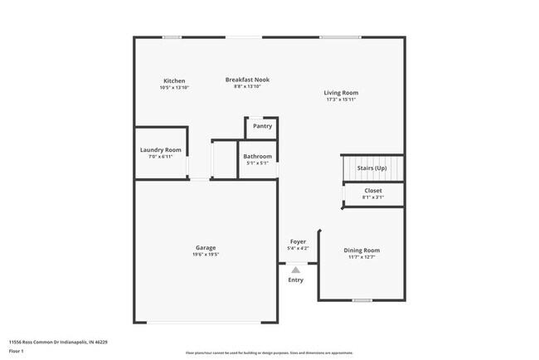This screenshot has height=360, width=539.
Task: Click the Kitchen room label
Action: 174,80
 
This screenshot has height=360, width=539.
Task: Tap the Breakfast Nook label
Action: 247,80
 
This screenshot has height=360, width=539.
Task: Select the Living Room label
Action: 341,92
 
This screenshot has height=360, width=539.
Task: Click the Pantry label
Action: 262,127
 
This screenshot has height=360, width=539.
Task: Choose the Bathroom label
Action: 257,156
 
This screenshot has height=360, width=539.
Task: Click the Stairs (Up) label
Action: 371,168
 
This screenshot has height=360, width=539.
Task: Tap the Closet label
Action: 373,191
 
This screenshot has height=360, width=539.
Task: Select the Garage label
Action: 206,247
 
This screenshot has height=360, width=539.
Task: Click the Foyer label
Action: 297,241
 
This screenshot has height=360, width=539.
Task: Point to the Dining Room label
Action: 362,250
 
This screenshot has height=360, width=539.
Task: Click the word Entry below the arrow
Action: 296,280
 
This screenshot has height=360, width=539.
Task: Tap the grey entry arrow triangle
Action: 296,269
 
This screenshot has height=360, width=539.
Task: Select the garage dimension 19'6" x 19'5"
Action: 206,255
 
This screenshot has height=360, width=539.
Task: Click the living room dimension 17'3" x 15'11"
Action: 341,100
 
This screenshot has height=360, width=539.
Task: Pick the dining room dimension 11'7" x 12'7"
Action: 362,257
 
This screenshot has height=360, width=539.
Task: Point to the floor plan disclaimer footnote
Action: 269,353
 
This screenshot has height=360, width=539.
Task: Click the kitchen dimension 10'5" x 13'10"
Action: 174,88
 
